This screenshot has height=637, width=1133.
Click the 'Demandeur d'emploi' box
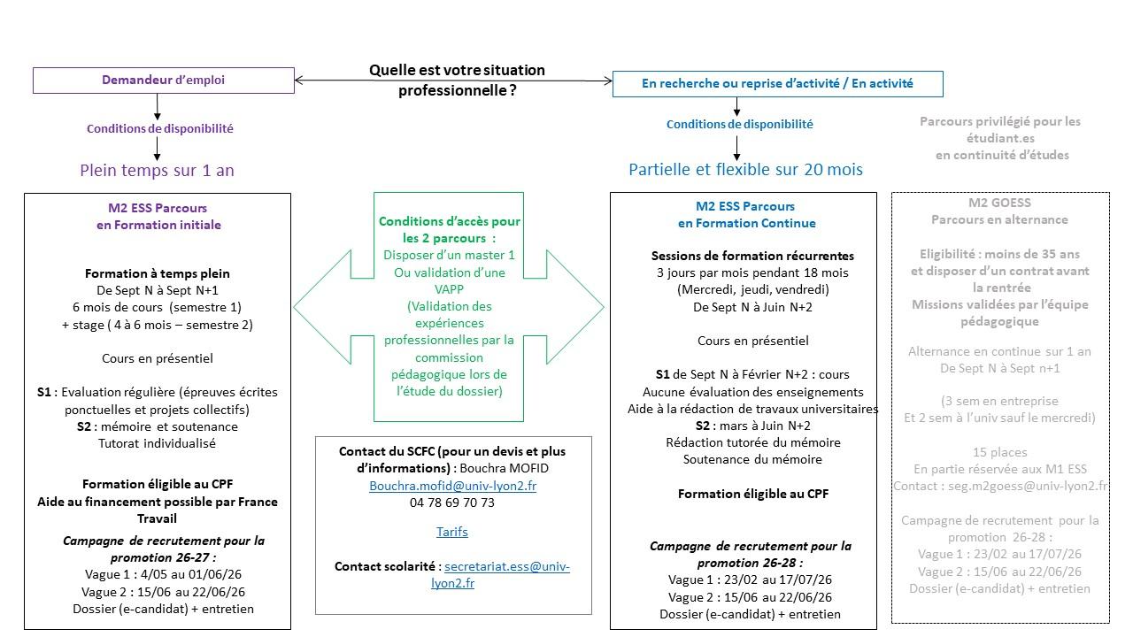pyautogui.click(x=163, y=80)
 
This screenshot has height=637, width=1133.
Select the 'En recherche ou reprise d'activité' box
pyautogui.click(x=777, y=84)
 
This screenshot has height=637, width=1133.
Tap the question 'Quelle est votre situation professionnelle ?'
pyautogui.click(x=457, y=80)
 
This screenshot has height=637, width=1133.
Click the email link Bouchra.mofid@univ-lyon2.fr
pyautogui.click(x=452, y=486)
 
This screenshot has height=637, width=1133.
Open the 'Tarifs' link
pyautogui.click(x=452, y=532)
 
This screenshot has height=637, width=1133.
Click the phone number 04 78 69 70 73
pyautogui.click(x=452, y=503)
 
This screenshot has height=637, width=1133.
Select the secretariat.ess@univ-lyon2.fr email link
pyautogui.click(x=506, y=566)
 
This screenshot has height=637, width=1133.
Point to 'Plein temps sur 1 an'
pyautogui.click(x=157, y=170)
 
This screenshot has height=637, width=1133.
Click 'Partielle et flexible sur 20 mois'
pyautogui.click(x=745, y=169)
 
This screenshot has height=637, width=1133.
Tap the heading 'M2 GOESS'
pyautogui.click(x=999, y=203)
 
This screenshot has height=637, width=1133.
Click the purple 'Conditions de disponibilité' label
pyautogui.click(x=159, y=128)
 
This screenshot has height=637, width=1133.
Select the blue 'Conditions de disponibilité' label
pyautogui.click(x=739, y=125)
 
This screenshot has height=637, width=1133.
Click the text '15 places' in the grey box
pyautogui.click(x=999, y=452)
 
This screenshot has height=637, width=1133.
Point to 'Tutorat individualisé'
pyautogui.click(x=157, y=443)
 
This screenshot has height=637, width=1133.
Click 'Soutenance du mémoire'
pyautogui.click(x=752, y=459)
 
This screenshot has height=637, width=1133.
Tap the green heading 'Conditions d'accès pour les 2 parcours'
pyautogui.click(x=450, y=230)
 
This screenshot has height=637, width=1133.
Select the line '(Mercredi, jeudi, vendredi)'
pyautogui.click(x=752, y=289)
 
